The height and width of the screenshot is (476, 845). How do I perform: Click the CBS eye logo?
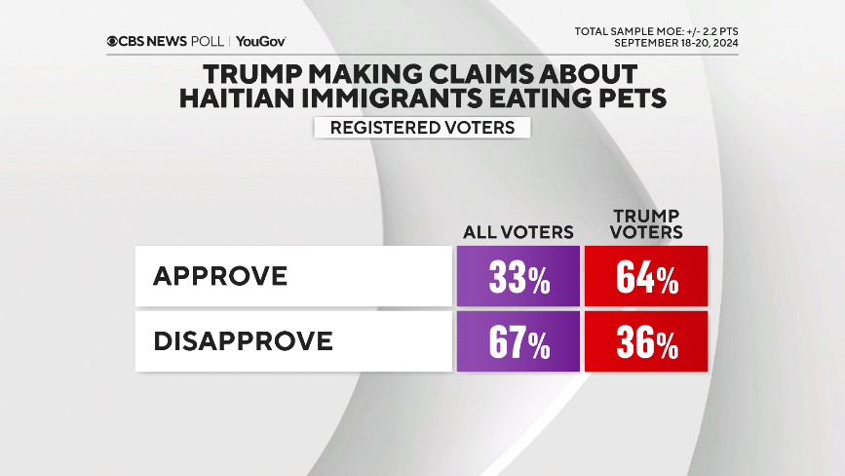[x=114, y=42]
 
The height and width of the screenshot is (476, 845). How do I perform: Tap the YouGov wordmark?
[x=260, y=42]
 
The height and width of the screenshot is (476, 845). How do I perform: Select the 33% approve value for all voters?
[x=519, y=277]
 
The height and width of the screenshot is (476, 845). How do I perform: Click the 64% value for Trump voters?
[x=646, y=277]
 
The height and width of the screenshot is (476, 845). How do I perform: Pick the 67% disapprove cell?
[x=519, y=341]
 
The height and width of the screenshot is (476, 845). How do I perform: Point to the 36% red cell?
[x=646, y=341]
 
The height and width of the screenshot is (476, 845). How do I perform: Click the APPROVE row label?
[x=220, y=276]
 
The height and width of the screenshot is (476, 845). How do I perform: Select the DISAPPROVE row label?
[x=243, y=341]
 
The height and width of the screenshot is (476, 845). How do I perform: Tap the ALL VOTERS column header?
[x=518, y=232]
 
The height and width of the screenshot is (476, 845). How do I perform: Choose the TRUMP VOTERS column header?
[x=646, y=224]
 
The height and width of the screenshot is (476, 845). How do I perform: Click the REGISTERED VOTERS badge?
[x=422, y=128]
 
